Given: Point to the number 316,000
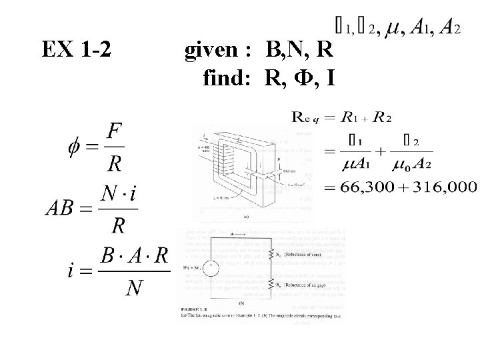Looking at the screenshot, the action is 443,188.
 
